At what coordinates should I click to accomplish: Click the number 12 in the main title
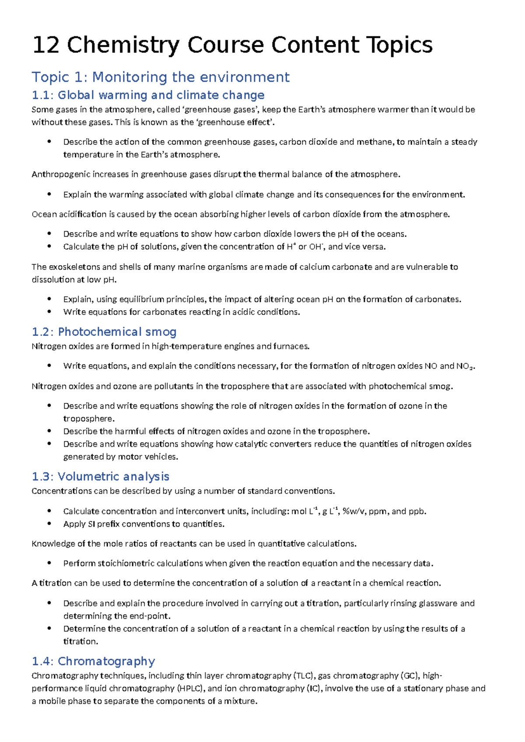(x=45, y=45)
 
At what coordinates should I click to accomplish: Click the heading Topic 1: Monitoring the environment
(x=160, y=77)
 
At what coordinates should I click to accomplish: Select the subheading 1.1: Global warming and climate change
(x=148, y=95)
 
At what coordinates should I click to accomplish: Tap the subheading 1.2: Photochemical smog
(x=104, y=332)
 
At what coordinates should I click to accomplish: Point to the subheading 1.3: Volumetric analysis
(x=100, y=476)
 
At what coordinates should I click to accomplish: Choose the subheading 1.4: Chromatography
(x=93, y=661)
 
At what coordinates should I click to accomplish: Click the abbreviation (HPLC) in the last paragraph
(x=190, y=688)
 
